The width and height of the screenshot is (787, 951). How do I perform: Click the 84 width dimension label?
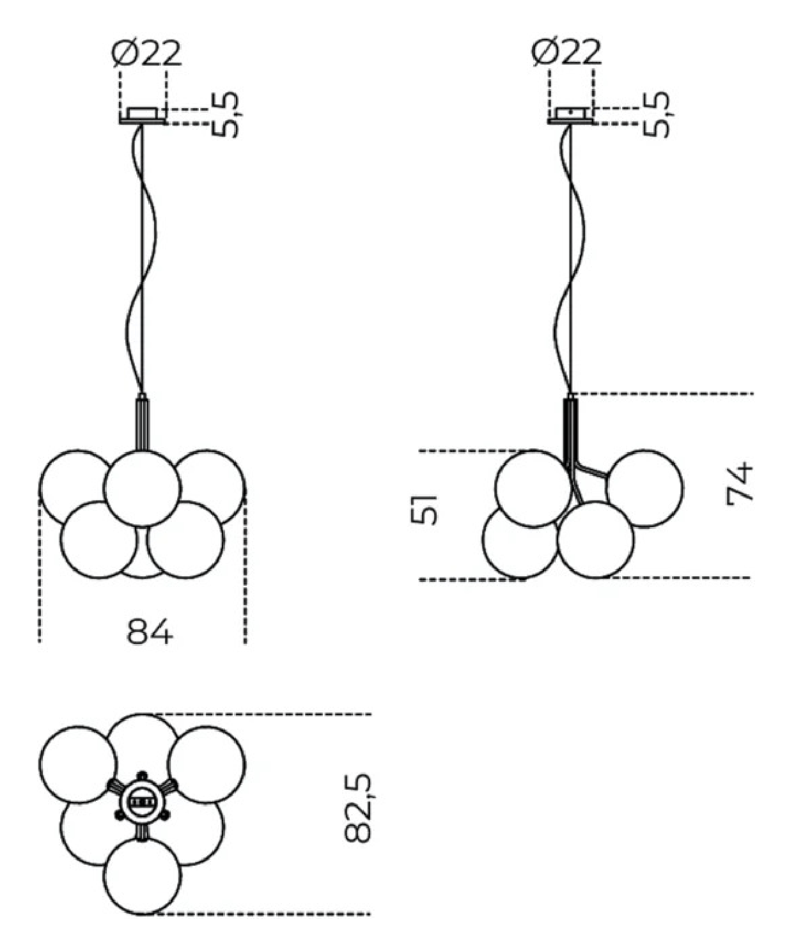(150, 631)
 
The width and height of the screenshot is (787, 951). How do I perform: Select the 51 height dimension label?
(424, 510)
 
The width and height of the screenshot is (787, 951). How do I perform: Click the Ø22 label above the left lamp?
(146, 53)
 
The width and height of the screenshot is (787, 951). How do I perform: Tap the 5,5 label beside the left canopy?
(225, 114)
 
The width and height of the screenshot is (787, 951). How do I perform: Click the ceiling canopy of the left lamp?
(143, 116)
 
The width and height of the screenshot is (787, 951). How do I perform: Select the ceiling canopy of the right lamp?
(570, 115)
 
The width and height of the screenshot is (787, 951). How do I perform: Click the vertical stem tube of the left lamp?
(142, 424)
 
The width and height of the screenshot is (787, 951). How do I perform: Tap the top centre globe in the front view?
(142, 489)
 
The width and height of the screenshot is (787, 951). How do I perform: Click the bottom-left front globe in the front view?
(99, 540)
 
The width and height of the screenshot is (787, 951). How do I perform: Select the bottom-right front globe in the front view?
(185, 540)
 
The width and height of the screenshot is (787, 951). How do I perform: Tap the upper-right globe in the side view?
(645, 489)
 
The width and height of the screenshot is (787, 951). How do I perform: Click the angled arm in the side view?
(591, 471)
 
